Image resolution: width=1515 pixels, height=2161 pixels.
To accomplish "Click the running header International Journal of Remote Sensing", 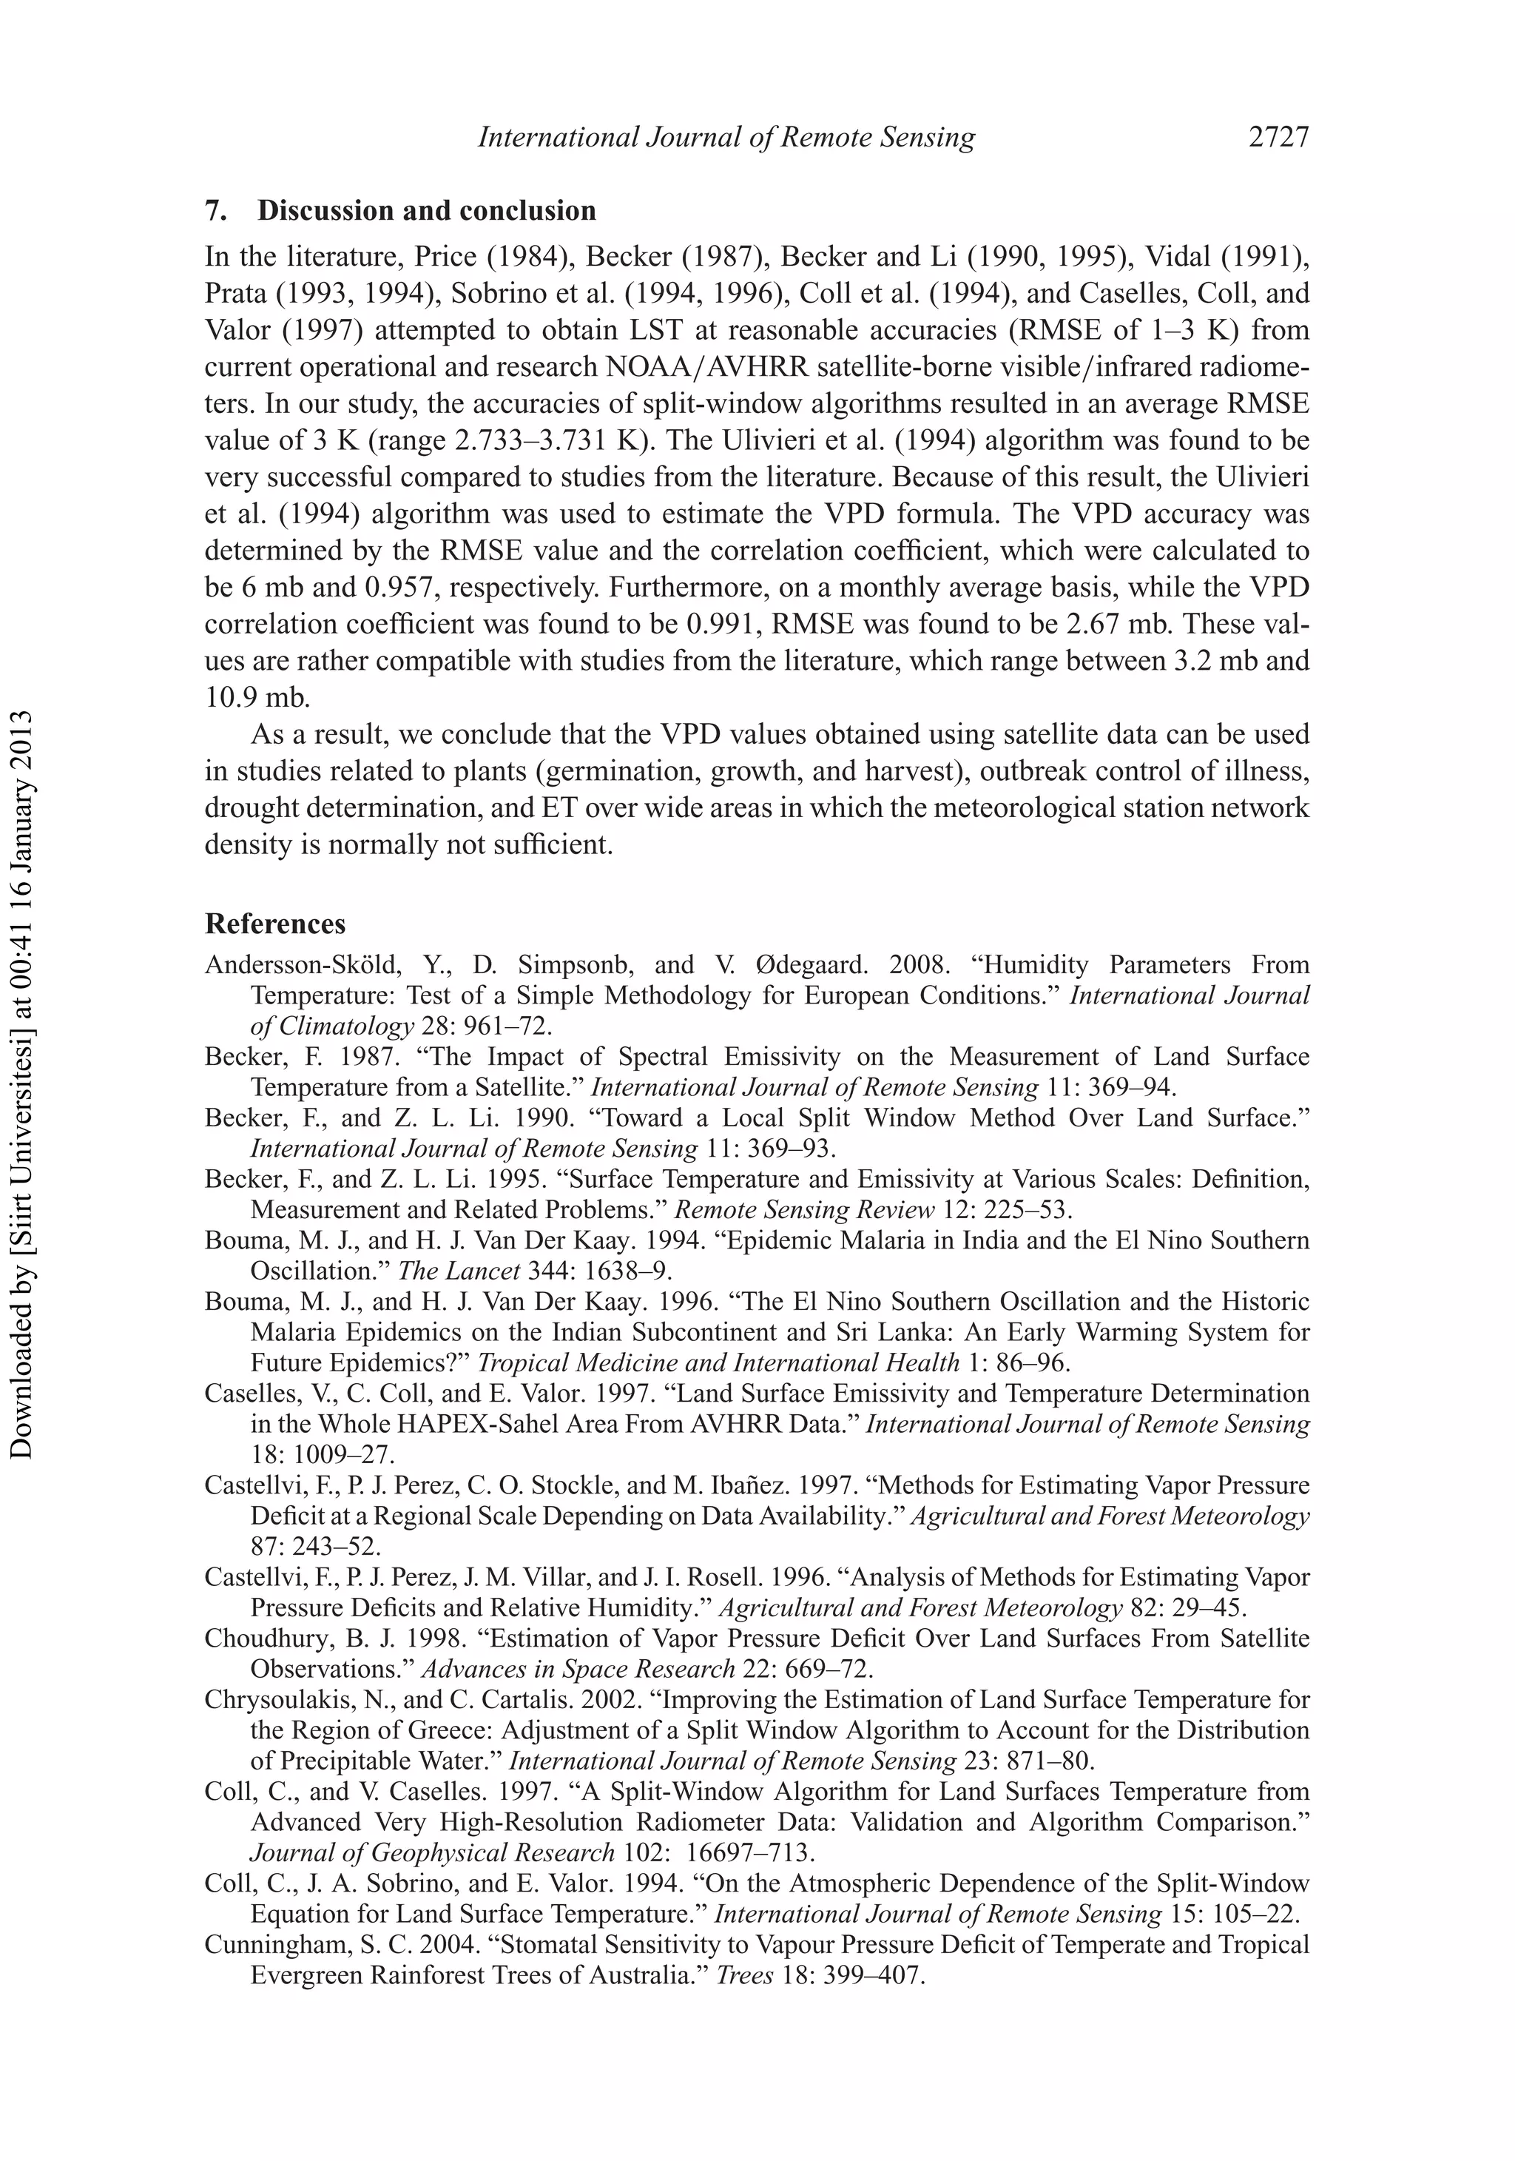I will coord(726,138).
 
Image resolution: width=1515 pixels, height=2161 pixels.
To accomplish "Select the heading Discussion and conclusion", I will coord(426,210).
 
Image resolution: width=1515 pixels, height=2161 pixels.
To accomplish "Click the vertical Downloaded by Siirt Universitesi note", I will coord(21,1083).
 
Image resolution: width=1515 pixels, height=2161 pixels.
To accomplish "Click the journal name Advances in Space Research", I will coord(577,1670).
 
